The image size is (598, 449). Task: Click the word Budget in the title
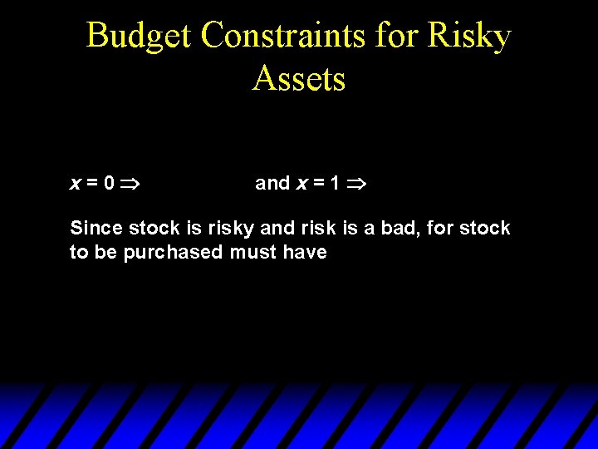pyautogui.click(x=139, y=37)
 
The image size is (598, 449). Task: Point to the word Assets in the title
pyautogui.click(x=299, y=79)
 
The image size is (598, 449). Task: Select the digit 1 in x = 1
pyautogui.click(x=334, y=183)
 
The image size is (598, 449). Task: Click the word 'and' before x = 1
pyautogui.click(x=272, y=183)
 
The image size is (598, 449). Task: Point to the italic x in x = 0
pyautogui.click(x=75, y=184)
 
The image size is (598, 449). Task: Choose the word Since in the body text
pyautogui.click(x=95, y=228)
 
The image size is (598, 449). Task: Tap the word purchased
pyautogui.click(x=172, y=252)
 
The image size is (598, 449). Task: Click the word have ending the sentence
pyautogui.click(x=305, y=252)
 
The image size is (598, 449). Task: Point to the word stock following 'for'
pyautogui.click(x=485, y=228)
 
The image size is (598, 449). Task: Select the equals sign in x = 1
pyautogui.click(x=319, y=184)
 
